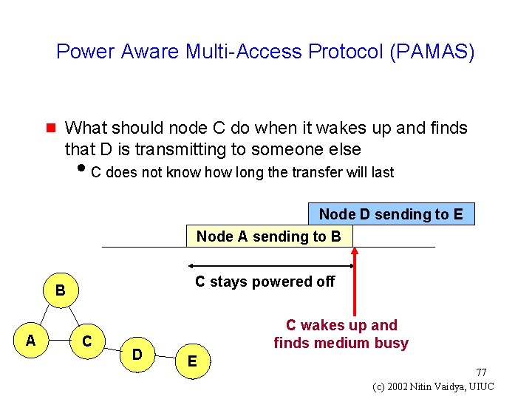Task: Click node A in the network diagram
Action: [x=30, y=340]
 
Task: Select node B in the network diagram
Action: [x=61, y=292]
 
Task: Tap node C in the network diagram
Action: [x=87, y=341]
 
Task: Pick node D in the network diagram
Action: [x=137, y=354]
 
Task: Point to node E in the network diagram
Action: [x=192, y=361]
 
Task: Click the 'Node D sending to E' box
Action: [x=391, y=214]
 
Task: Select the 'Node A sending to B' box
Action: [x=269, y=236]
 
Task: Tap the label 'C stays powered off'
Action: [x=265, y=282]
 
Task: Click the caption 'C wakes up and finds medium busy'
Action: [x=341, y=334]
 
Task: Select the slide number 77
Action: [x=480, y=372]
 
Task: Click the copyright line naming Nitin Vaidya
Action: [x=434, y=386]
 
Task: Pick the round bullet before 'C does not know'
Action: [x=81, y=172]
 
